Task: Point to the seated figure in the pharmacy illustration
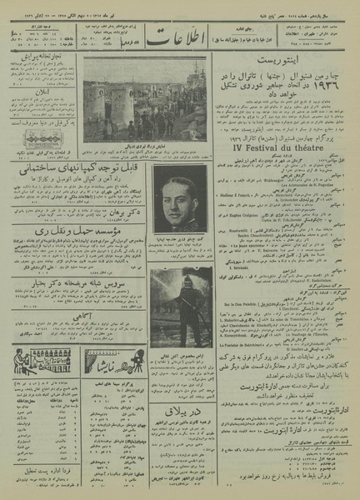point(27,360)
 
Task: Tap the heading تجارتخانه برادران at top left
point(42,57)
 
